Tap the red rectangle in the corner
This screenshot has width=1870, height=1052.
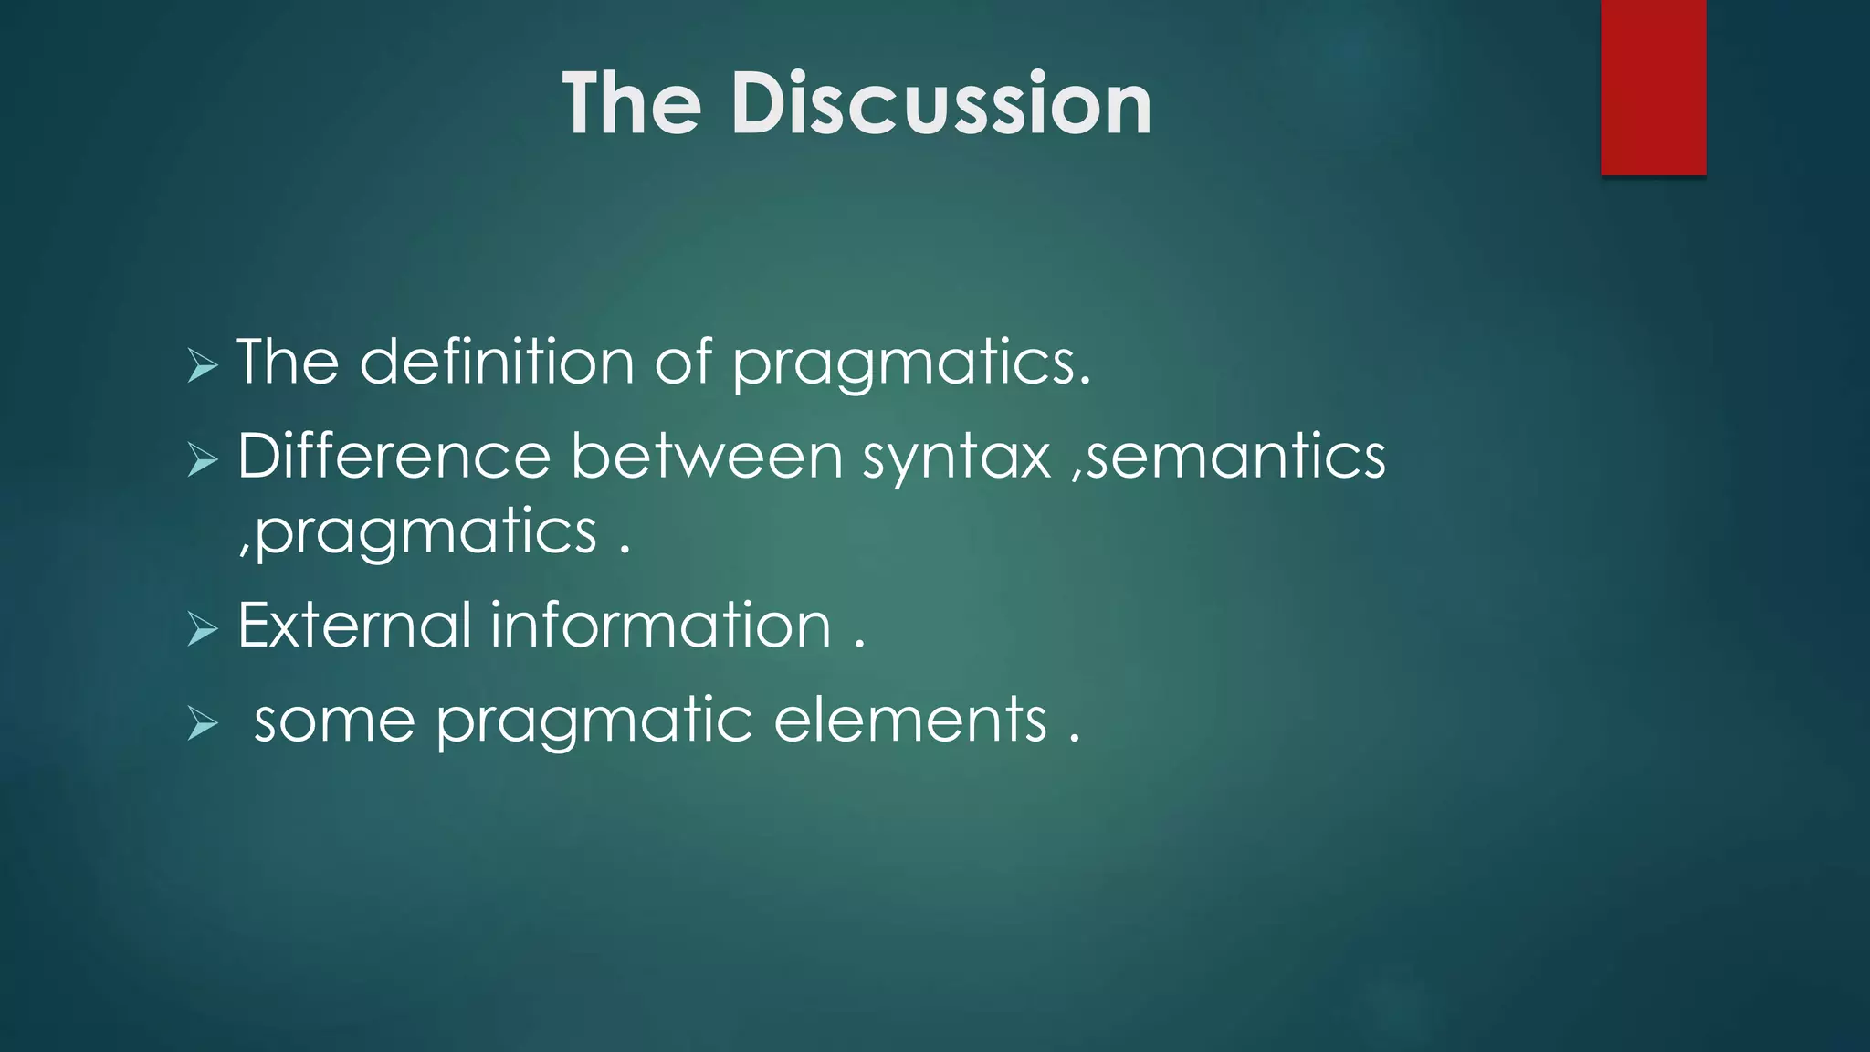(x=1653, y=87)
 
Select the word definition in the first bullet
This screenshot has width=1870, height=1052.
(x=497, y=362)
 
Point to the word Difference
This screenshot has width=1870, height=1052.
(x=394, y=456)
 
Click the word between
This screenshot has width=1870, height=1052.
(x=706, y=456)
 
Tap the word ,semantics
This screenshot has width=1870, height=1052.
(x=1228, y=456)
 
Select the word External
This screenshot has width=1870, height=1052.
(x=354, y=626)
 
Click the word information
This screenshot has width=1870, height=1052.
(x=661, y=626)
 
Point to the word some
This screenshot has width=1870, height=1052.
(x=334, y=721)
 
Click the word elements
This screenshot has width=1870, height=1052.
(x=910, y=721)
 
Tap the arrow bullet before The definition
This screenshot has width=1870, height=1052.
(x=203, y=366)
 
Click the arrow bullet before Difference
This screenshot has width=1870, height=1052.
(x=203, y=459)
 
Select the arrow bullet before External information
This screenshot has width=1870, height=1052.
(x=203, y=629)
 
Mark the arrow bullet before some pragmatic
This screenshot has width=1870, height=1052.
(x=203, y=724)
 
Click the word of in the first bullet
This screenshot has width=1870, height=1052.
(x=682, y=362)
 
